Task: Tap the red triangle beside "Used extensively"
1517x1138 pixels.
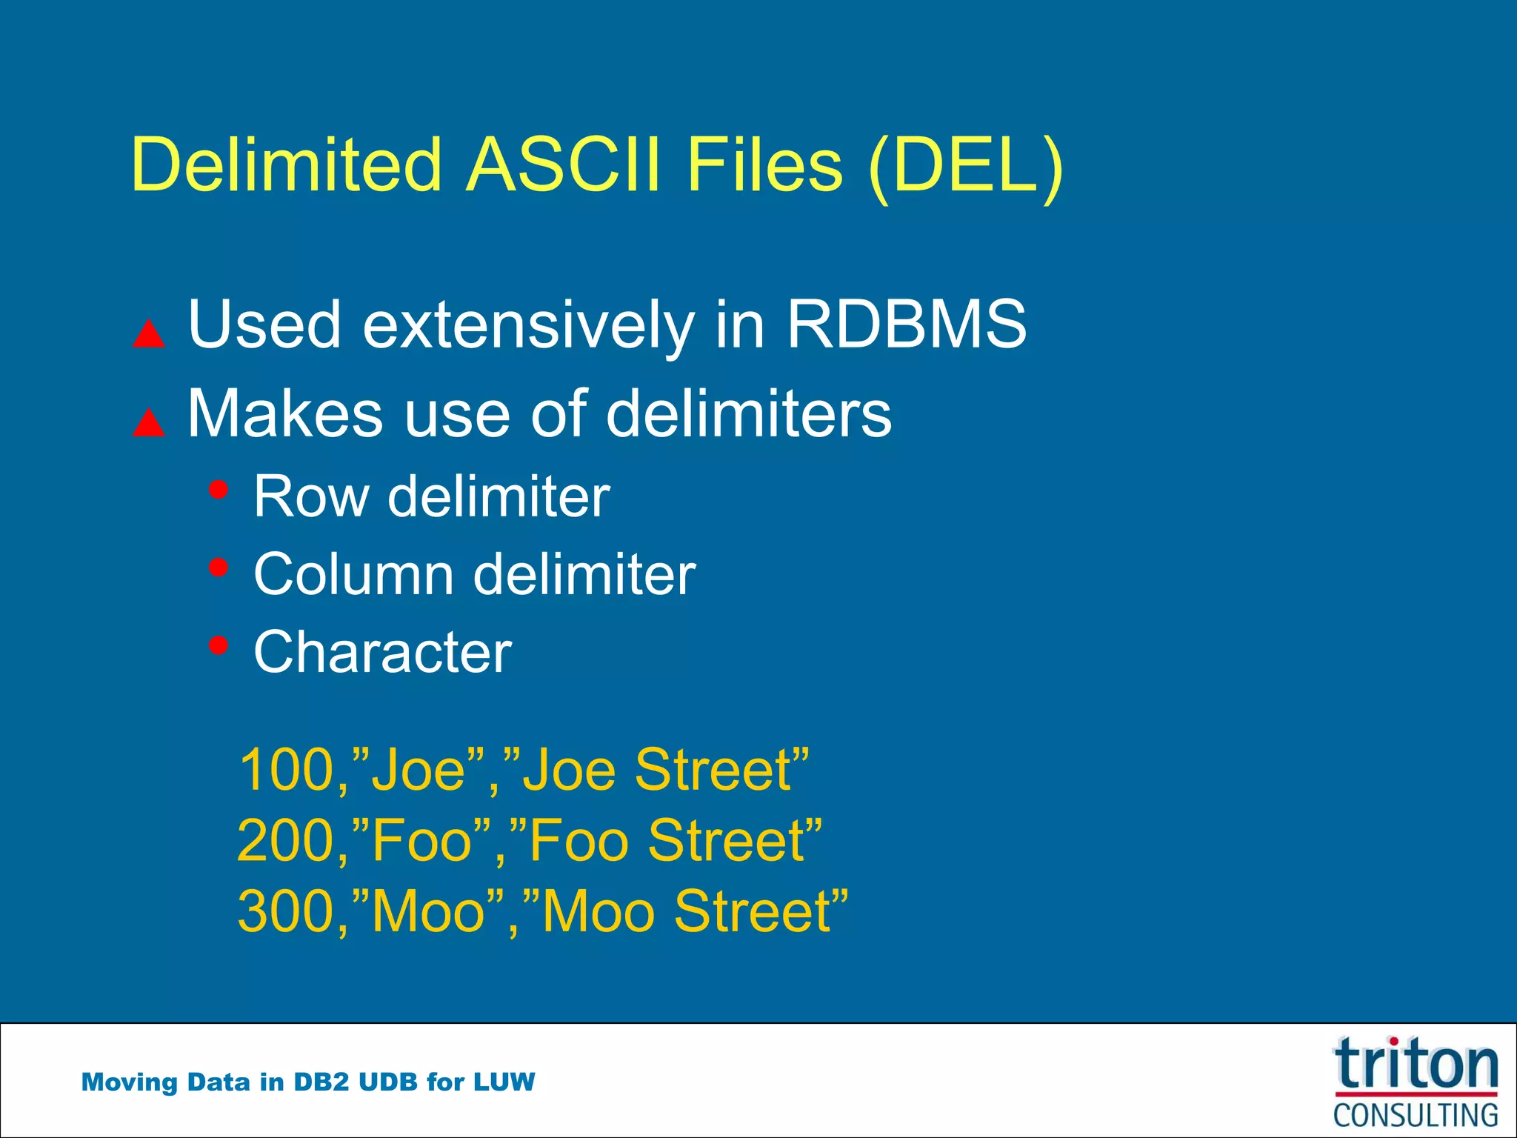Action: tap(148, 334)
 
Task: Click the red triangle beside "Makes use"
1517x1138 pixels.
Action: tap(148, 423)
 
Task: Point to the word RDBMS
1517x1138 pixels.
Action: tap(906, 325)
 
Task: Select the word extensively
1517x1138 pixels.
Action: tap(528, 326)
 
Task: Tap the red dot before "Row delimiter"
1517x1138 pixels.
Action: tap(219, 489)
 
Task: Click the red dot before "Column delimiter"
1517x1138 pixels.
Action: tap(219, 568)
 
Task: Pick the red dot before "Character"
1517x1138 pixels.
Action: tap(219, 645)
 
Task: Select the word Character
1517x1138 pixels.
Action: tap(382, 652)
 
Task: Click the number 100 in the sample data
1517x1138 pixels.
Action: tap(287, 771)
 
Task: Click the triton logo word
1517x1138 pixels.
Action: tap(1416, 1065)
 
